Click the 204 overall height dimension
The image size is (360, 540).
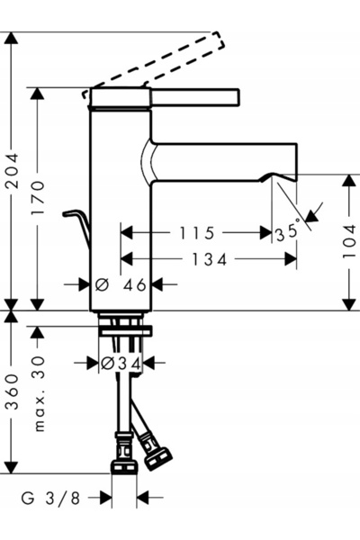coord(13,171)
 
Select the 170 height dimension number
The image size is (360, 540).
coord(38,198)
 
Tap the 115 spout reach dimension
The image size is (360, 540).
coord(197,233)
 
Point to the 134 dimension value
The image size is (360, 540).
coord(210,259)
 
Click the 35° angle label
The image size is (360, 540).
coord(288,232)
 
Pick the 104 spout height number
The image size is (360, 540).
coord(349,240)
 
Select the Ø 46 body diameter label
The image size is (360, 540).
coord(121,284)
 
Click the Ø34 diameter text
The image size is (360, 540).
coord(121,364)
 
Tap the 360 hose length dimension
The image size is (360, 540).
coord(13,391)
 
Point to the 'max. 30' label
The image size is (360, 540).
coord(40,393)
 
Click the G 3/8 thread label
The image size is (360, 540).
coord(50,499)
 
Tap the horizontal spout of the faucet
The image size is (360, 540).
coord(224,161)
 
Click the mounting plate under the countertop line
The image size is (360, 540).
coord(125,331)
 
